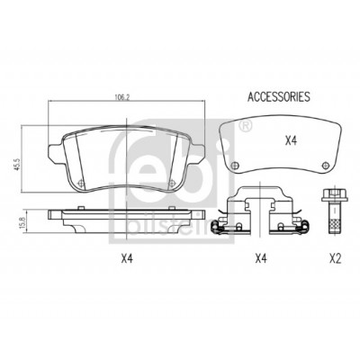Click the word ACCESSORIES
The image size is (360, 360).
coord(279,96)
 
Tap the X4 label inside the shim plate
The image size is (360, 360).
coord(291,140)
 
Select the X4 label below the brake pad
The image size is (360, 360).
coord(127,258)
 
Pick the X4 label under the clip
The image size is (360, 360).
coord(261,258)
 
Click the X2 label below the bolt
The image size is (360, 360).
coord(335,258)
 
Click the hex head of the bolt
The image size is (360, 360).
coord(334,195)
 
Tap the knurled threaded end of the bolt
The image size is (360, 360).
coord(334,223)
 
